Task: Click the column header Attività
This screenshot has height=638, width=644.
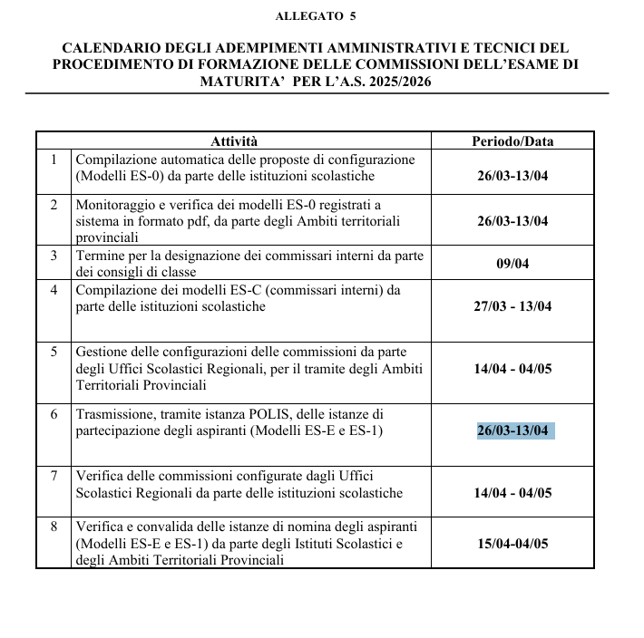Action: tap(234, 141)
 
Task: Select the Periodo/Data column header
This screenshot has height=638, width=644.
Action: tap(512, 141)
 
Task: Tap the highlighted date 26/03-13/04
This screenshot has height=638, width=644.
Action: tap(513, 430)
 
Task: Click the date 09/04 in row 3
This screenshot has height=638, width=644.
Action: tap(513, 264)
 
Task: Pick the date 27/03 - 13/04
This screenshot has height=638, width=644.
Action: tap(513, 306)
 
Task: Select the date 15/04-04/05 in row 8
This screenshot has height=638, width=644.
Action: tap(513, 544)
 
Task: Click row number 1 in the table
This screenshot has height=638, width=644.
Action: tap(54, 159)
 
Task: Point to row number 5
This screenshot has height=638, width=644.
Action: tap(54, 352)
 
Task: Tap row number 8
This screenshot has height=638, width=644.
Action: tap(54, 527)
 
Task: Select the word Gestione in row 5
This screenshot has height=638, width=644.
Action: tap(102, 352)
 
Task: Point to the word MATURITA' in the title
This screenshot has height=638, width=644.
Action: tap(240, 82)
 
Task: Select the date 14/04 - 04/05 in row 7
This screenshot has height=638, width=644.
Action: tap(513, 493)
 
